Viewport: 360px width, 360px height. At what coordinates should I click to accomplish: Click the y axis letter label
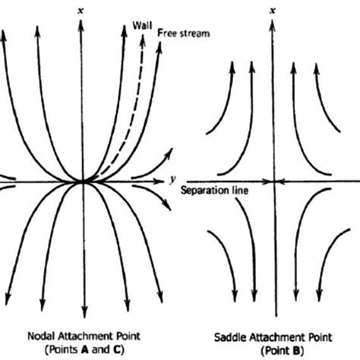[x=173, y=178]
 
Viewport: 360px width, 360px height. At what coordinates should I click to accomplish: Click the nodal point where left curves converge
[x=81, y=182]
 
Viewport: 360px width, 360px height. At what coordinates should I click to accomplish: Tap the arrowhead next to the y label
[x=163, y=182]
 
